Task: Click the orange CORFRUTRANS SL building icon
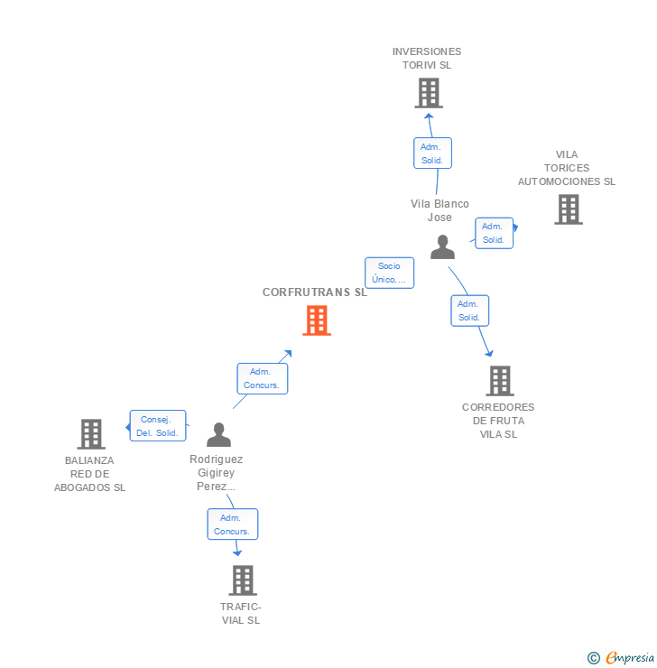(316, 320)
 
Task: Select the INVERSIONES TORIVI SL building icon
(429, 93)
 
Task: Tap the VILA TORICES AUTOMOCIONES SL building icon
(568, 209)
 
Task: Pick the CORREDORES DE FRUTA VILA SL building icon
(500, 381)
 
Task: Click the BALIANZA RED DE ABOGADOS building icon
(91, 434)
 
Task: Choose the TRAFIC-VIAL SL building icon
(243, 580)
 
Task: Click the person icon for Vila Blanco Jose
(442, 246)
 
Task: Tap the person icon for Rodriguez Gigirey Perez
(218, 434)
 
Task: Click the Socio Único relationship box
(389, 273)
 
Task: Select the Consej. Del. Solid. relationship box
(157, 426)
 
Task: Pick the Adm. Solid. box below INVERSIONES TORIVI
(431, 153)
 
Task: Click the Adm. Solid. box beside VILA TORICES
(494, 233)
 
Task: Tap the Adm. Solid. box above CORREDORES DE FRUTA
(469, 311)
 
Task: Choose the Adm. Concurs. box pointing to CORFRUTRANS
(262, 378)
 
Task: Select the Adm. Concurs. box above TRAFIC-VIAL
(232, 524)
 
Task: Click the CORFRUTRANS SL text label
(315, 292)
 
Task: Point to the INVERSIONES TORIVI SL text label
(427, 59)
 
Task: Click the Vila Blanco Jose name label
(440, 210)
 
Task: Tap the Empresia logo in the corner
(621, 658)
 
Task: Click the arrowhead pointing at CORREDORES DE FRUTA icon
(488, 353)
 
